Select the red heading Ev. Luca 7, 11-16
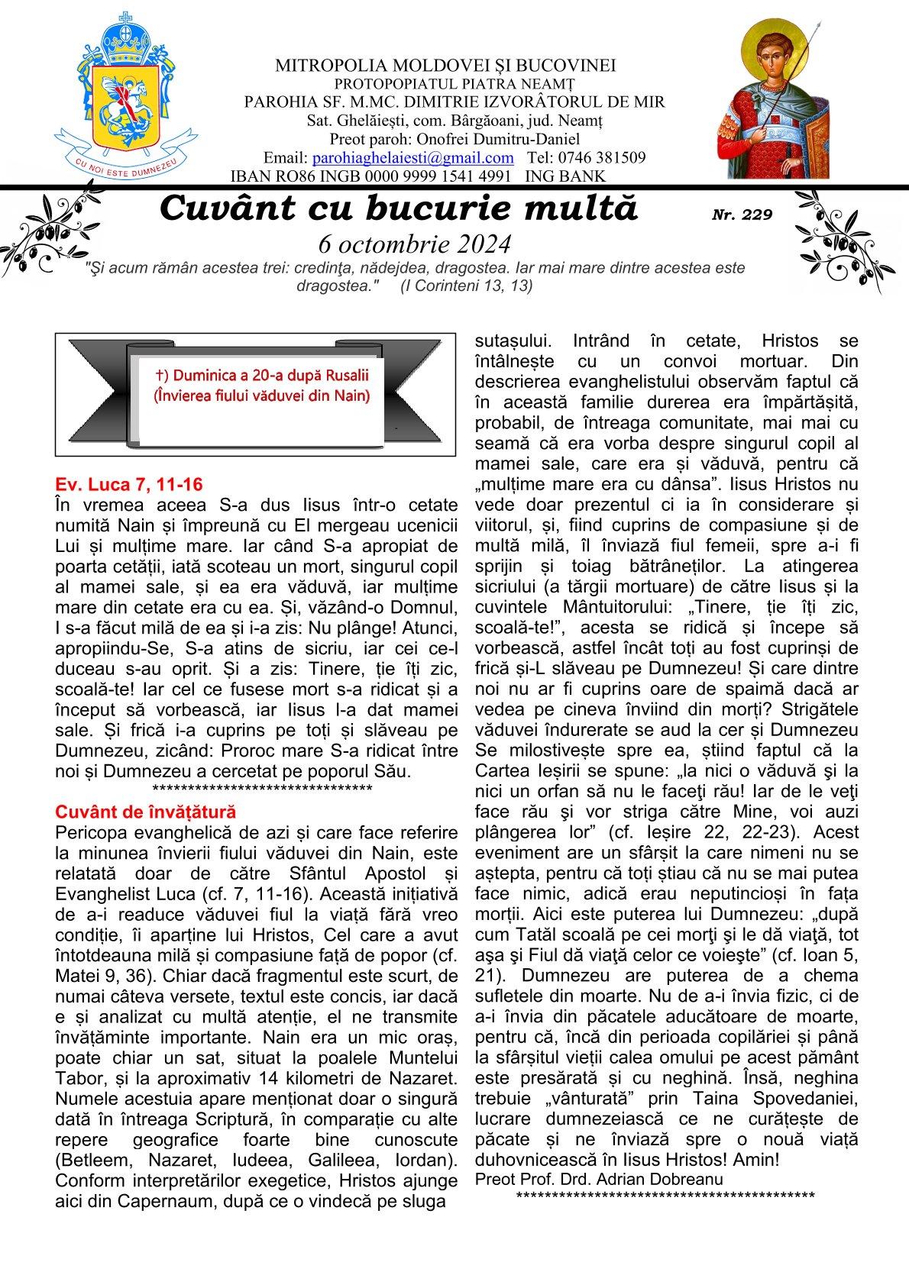tap(128, 484)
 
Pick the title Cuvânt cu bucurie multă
tap(398, 208)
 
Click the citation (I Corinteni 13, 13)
tap(466, 286)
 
